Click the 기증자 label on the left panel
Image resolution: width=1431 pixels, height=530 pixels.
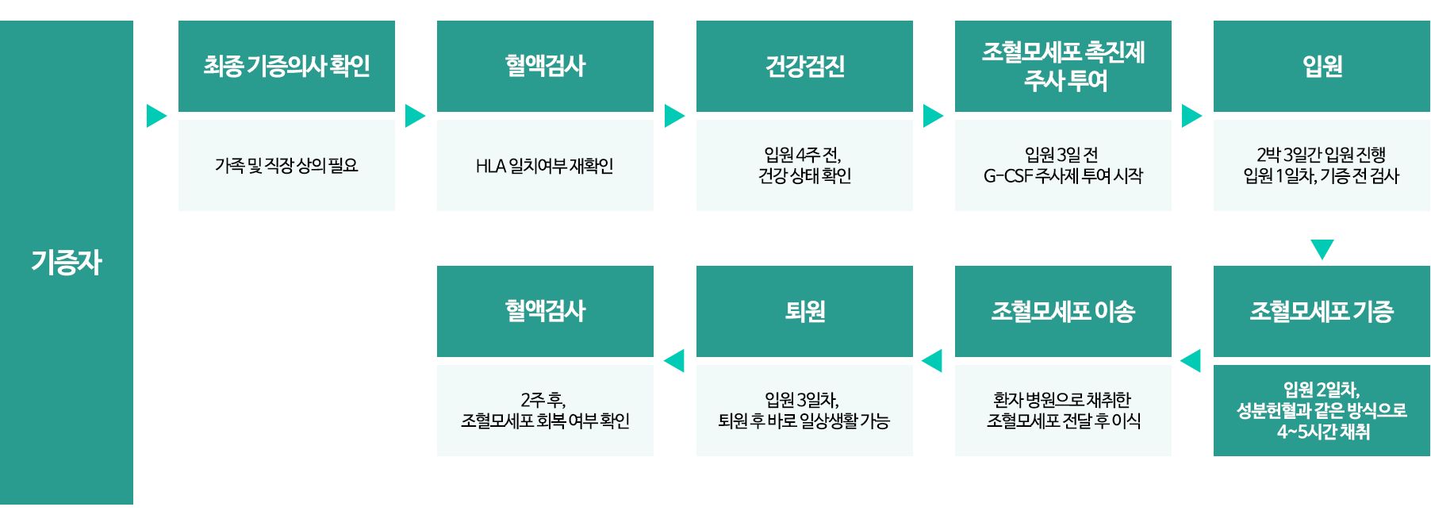67,263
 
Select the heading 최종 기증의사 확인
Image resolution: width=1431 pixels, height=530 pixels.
286,66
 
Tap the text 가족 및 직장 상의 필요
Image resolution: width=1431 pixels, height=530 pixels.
286,166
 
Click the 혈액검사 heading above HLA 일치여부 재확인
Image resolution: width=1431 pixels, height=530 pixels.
545,66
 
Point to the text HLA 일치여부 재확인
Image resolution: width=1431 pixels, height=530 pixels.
545,166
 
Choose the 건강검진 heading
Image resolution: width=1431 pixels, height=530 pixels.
804,66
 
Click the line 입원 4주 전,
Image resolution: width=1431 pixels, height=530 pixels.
803,154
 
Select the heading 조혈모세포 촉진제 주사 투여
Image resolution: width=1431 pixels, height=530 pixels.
1063,66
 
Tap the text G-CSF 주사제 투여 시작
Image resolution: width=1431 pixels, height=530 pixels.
1063,176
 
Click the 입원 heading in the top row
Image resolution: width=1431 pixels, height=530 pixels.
1322,66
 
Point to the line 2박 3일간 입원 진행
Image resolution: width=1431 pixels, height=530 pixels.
1321,154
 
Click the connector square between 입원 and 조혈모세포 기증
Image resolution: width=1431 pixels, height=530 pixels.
1322,249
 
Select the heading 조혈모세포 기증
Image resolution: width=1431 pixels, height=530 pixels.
1322,311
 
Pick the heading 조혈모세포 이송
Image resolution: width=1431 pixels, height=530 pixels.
1063,311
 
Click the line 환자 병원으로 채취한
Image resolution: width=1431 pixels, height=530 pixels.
1062,399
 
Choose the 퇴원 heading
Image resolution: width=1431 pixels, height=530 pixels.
804,311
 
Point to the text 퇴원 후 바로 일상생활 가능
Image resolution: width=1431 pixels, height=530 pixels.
804,421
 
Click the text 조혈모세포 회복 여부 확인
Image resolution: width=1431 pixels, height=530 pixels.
545,421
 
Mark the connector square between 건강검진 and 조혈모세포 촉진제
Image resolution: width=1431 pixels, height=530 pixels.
933,115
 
